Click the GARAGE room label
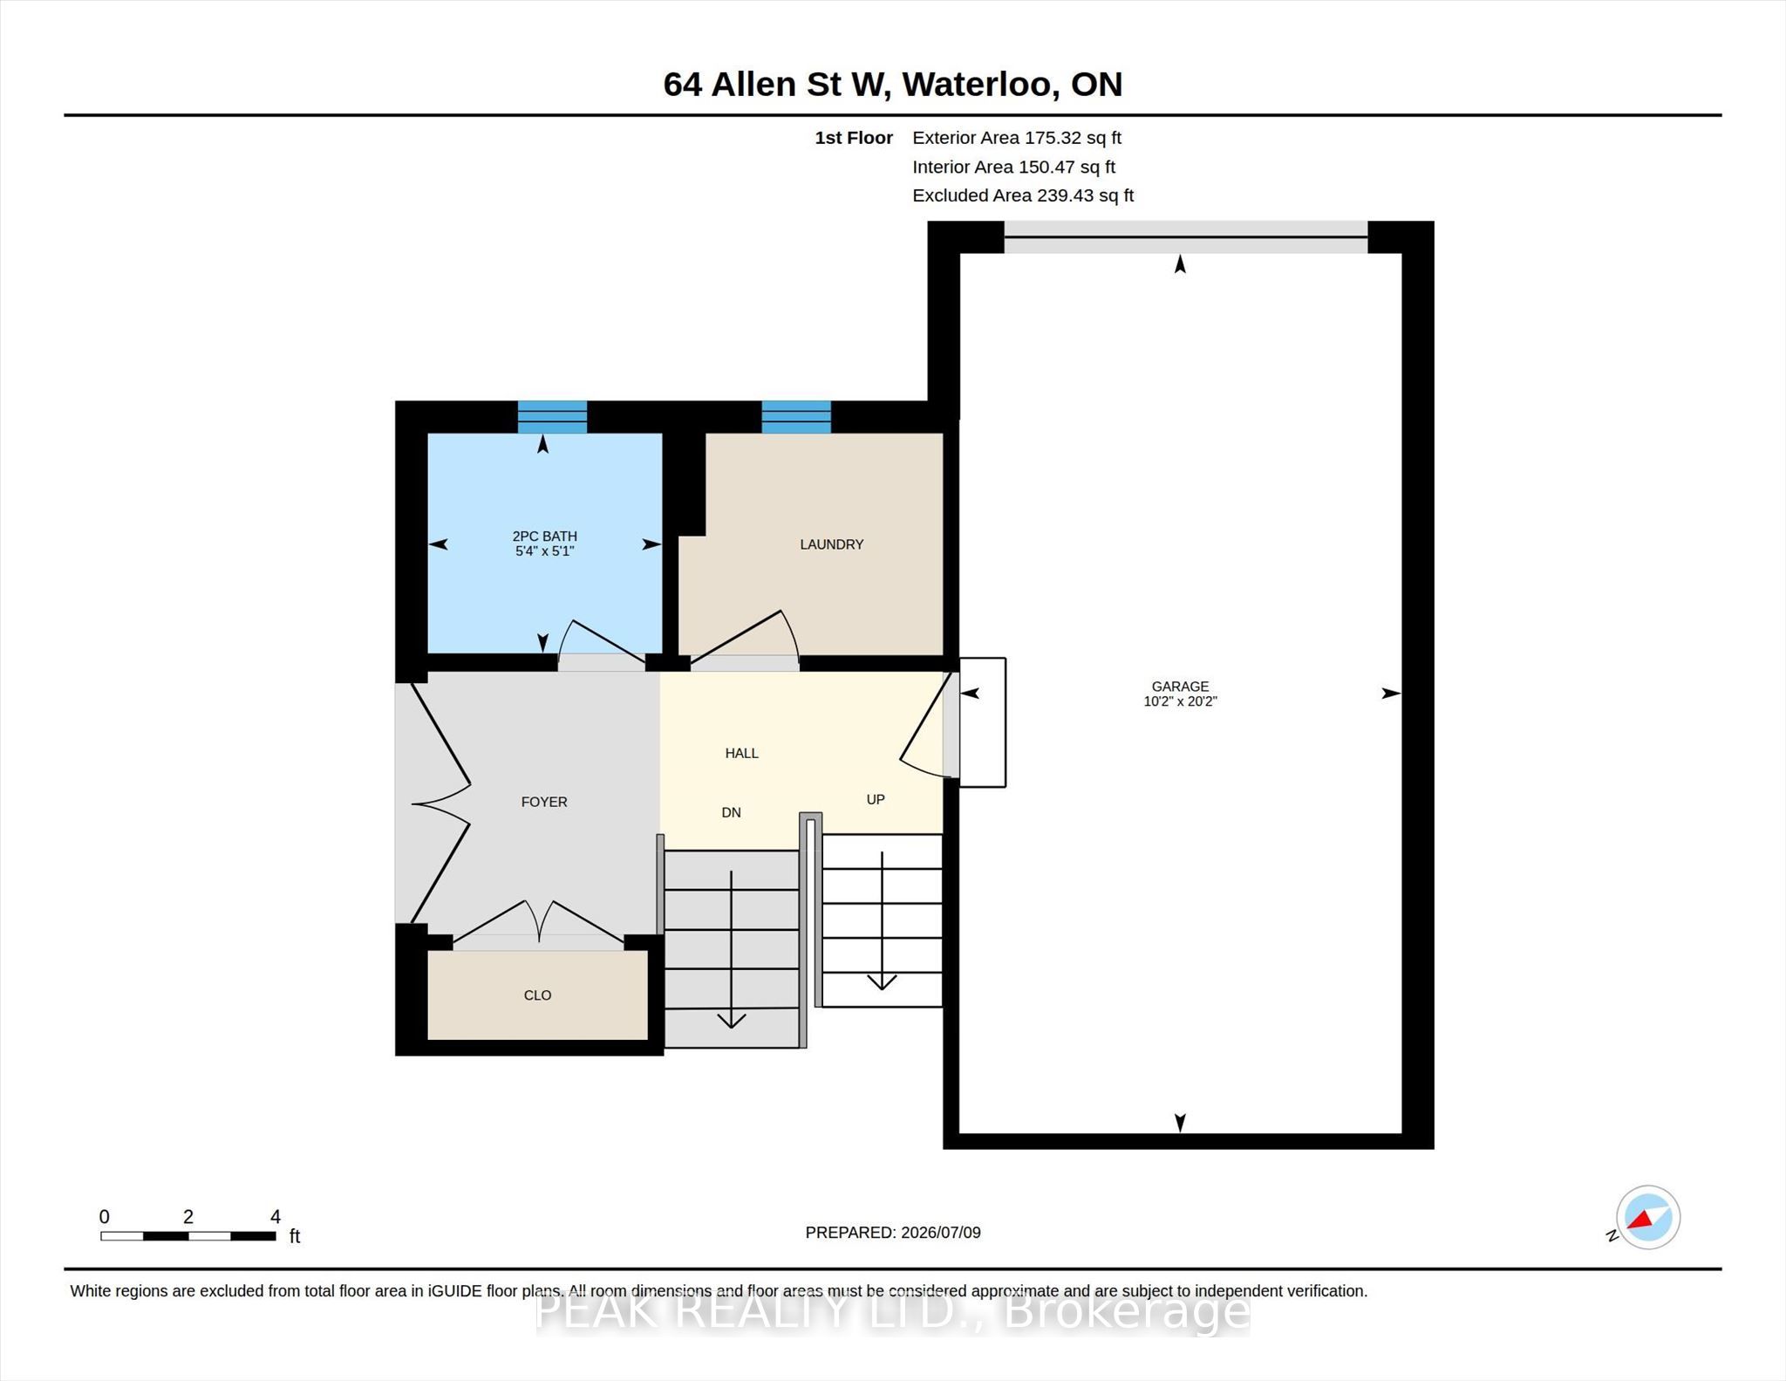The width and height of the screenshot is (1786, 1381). [x=1180, y=687]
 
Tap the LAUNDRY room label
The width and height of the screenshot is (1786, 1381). [x=832, y=544]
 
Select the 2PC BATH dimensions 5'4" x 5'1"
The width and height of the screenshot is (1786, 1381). [x=544, y=551]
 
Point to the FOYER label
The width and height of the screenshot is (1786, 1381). [x=544, y=802]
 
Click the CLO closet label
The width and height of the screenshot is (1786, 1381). [x=537, y=995]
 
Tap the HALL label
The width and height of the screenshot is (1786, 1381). [x=742, y=753]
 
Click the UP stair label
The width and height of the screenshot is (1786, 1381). [x=876, y=799]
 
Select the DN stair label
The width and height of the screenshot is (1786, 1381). [x=731, y=812]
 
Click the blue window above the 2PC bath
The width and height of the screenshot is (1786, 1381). [x=552, y=417]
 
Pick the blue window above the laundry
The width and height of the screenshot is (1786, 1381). [x=796, y=417]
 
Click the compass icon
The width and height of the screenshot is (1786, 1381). [x=1647, y=1218]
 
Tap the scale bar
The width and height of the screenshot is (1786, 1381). [x=187, y=1235]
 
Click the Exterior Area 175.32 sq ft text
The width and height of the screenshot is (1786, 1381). [x=1017, y=138]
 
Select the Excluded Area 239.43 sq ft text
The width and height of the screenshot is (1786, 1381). [x=1023, y=195]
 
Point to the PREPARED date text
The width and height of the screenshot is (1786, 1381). [x=893, y=1233]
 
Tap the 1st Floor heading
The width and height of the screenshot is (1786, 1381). [x=854, y=138]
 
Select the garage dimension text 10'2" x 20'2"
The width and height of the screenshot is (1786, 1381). [x=1180, y=701]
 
